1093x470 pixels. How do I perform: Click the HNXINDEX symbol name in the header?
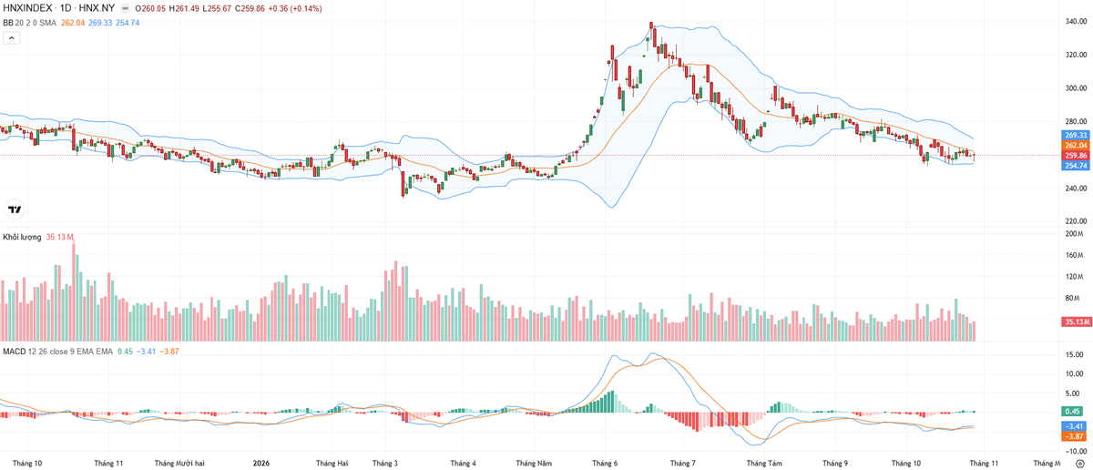(x=27, y=8)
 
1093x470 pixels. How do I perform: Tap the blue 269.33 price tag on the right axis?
(x=1076, y=135)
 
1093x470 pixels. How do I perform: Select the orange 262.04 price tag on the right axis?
(x=1076, y=146)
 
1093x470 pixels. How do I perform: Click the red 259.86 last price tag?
(x=1076, y=156)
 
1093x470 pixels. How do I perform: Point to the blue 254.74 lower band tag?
(x=1076, y=166)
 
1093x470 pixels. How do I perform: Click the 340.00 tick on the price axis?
(x=1076, y=22)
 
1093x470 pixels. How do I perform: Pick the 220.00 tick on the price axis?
(x=1076, y=221)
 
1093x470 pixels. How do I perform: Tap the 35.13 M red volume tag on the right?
(x=1076, y=322)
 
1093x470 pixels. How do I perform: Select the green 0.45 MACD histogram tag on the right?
(x=1072, y=412)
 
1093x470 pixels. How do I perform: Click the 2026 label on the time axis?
(x=261, y=463)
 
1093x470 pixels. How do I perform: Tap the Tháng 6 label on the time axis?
(x=605, y=463)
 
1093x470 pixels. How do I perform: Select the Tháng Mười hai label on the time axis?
(x=179, y=463)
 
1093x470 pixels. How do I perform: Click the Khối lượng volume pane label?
(x=22, y=237)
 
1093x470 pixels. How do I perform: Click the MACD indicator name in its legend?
(x=15, y=352)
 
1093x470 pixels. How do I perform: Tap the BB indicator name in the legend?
(x=8, y=23)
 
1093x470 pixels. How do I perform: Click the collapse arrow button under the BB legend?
(x=12, y=37)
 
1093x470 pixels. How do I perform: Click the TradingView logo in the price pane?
(x=15, y=209)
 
